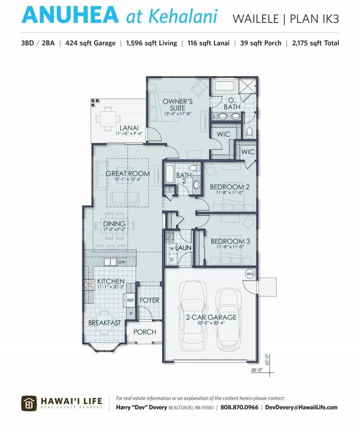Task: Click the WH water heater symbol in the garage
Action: coord(250,274)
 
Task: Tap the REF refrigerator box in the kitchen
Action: coord(130,300)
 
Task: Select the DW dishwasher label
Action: coord(122,262)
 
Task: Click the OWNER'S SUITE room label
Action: coord(178,105)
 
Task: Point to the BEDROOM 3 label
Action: coord(230,241)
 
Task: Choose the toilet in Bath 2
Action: coord(195,168)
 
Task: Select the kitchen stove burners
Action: coord(89,285)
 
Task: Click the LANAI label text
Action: coord(129,128)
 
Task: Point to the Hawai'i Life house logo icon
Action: coord(29,404)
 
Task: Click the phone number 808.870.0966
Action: coord(239,407)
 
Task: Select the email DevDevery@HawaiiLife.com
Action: coord(301,407)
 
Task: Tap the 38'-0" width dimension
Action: coord(257,370)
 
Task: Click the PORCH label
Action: coord(145,332)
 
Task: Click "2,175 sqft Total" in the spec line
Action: coord(316,43)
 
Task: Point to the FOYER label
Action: coord(150,300)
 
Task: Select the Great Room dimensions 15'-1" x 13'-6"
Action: coord(128,179)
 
